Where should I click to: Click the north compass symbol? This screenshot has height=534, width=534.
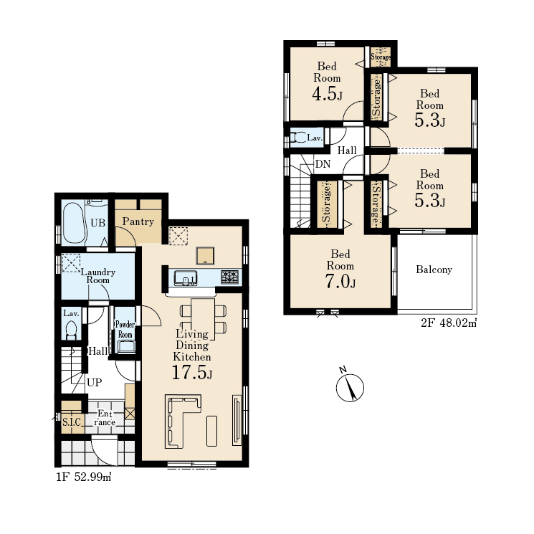point(350,386)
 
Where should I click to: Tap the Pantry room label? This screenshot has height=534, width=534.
point(138,221)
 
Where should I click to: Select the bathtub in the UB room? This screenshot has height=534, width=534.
point(74,224)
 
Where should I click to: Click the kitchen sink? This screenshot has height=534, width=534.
point(185,278)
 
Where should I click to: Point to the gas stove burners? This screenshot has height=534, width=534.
point(229,277)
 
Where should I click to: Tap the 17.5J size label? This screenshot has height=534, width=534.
point(192,372)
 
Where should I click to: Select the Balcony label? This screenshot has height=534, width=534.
point(434,270)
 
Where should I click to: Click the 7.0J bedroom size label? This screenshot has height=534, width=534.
point(340,282)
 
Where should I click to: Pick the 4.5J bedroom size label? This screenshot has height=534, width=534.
point(327,94)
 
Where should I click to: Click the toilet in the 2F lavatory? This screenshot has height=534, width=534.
point(297,138)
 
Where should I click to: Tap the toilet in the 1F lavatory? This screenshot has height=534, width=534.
point(71,330)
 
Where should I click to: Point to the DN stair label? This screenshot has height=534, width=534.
point(323,164)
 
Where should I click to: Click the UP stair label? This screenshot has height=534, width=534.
point(95,383)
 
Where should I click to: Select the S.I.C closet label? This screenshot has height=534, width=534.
point(72,422)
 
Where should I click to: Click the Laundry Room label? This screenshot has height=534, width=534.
point(97,276)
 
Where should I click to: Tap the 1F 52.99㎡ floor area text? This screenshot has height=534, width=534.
point(84,477)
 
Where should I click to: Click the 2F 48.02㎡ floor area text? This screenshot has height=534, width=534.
point(449,323)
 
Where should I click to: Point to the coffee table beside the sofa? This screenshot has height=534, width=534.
point(212,431)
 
